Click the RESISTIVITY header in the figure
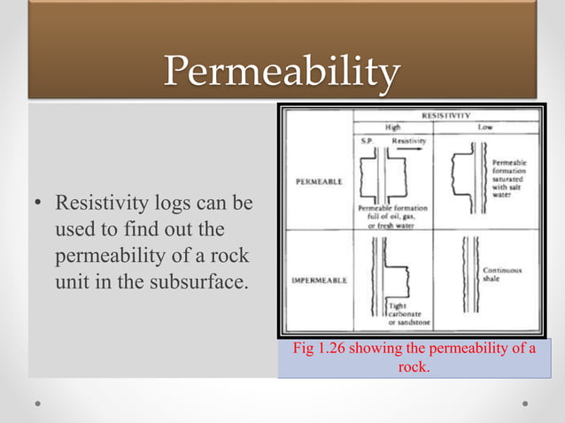[x=445, y=115]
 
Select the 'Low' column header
[x=486, y=127]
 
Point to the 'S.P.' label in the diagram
[x=367, y=141]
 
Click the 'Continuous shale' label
[x=502, y=273]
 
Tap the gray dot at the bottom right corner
[x=526, y=402]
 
